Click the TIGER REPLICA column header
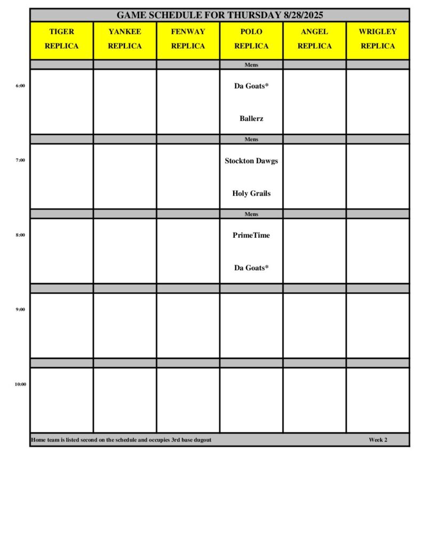(x=61, y=39)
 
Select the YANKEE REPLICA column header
(x=125, y=39)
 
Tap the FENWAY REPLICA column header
(x=188, y=39)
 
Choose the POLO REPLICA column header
(x=251, y=39)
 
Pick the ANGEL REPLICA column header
(x=314, y=39)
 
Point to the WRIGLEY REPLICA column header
(x=378, y=39)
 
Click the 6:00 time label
(x=20, y=85)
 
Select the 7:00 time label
(x=20, y=160)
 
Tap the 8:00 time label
(x=20, y=235)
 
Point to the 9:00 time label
(x=20, y=309)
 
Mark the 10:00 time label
(x=20, y=384)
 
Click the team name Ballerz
(x=251, y=118)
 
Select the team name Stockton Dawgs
(x=251, y=160)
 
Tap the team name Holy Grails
(x=251, y=193)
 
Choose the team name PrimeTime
(x=251, y=235)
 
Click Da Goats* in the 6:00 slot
(x=251, y=86)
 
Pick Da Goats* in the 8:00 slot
(x=251, y=268)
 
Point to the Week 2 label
(x=378, y=440)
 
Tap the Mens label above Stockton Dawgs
(x=251, y=139)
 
